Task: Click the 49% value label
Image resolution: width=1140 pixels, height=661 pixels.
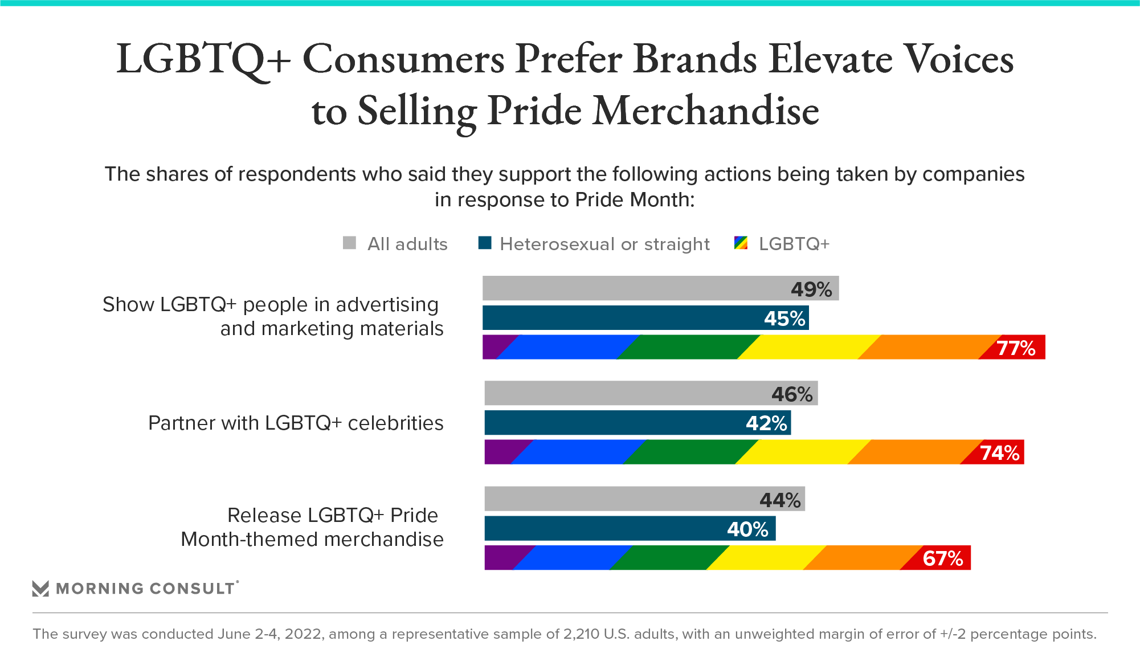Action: (811, 289)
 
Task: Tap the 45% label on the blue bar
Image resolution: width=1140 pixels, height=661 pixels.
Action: (784, 319)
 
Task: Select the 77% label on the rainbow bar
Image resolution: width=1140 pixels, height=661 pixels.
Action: (1016, 348)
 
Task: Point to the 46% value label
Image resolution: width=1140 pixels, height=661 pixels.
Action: (792, 394)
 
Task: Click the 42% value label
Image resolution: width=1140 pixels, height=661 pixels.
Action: (766, 423)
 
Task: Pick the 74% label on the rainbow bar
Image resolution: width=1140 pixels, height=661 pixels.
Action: (1000, 453)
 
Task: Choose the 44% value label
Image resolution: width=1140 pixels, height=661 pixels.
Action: (780, 500)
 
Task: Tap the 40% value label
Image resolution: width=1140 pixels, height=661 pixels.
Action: (747, 529)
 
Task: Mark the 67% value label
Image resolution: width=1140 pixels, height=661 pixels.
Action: (943, 558)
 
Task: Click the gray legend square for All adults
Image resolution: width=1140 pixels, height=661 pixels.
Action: (349, 243)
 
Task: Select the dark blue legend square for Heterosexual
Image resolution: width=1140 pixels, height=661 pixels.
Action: (485, 243)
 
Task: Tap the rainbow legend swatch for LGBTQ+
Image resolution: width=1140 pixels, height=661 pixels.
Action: (741, 243)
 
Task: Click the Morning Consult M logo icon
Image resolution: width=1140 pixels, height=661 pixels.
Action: (40, 589)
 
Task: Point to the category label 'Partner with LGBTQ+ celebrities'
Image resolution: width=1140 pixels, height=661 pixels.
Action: (296, 423)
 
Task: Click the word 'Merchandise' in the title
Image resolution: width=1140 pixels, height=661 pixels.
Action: (706, 111)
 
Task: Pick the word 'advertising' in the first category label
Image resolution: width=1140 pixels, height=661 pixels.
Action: (387, 305)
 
